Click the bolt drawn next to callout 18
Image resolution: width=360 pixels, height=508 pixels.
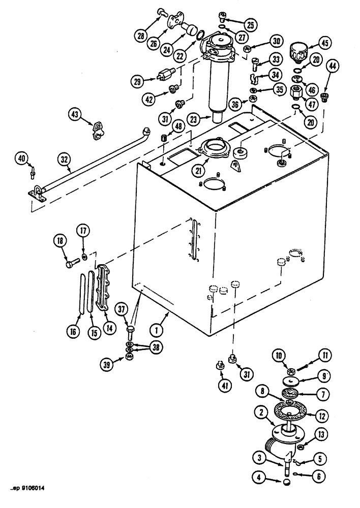73,264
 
